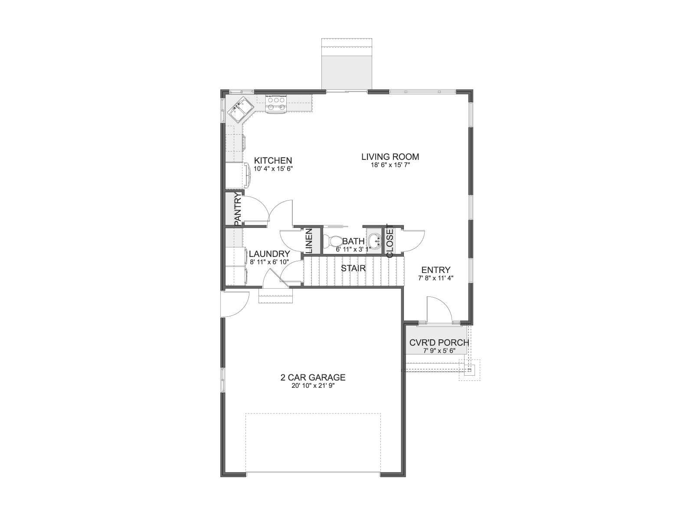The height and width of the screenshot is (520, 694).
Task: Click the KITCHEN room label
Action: (x=273, y=160)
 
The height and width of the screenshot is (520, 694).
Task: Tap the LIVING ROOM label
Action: (x=390, y=156)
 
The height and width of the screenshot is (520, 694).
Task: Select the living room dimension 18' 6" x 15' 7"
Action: (x=390, y=165)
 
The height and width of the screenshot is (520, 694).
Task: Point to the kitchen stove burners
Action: (x=276, y=100)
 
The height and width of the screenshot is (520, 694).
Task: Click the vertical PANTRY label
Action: (x=238, y=209)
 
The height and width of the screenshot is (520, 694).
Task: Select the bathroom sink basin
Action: (x=375, y=241)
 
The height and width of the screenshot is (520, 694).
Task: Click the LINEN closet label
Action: (x=309, y=241)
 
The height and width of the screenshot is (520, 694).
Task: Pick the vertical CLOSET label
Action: (x=390, y=241)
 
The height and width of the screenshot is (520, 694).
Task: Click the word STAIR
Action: (x=353, y=268)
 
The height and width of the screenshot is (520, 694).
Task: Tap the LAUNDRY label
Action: (x=269, y=254)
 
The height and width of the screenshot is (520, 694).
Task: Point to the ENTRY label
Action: (x=436, y=270)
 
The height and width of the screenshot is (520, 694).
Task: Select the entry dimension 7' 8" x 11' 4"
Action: (x=436, y=279)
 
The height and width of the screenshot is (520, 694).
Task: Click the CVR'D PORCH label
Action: (x=439, y=343)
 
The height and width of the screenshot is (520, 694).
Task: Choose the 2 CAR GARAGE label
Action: (x=313, y=377)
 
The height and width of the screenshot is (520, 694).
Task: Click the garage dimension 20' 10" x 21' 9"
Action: (x=313, y=386)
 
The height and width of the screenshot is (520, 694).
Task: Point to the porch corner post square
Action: (x=469, y=370)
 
